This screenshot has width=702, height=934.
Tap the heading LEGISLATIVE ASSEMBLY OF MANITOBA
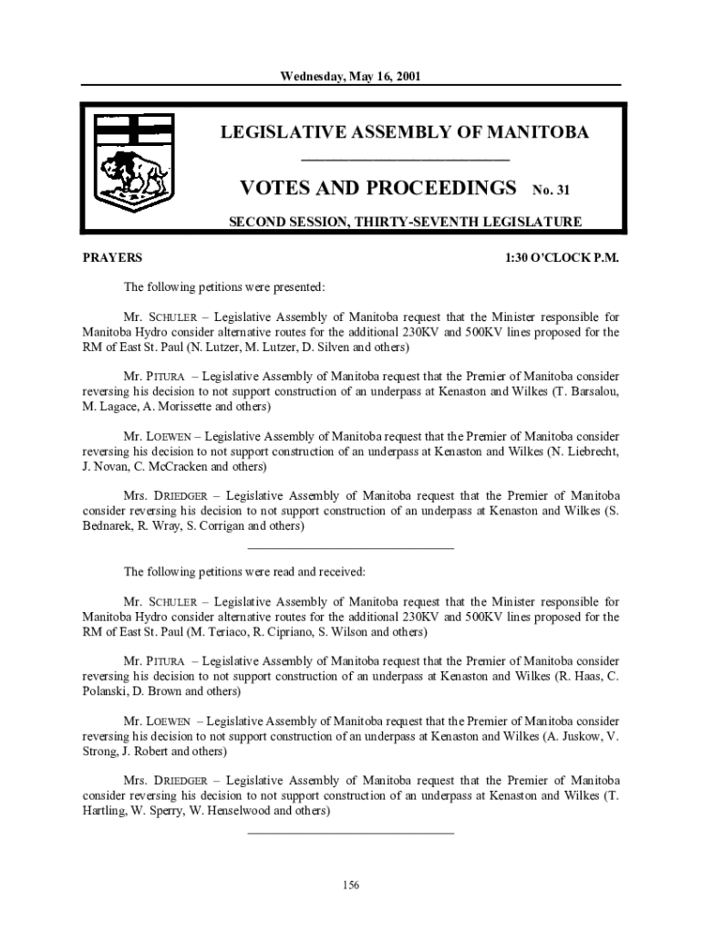click(x=405, y=133)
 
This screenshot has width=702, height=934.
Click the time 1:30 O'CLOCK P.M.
click(x=562, y=258)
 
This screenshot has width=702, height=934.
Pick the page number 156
click(x=350, y=885)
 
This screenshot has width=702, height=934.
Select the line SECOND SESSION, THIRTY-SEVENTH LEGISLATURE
click(x=405, y=222)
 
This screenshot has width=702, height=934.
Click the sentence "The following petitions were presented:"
click(x=224, y=287)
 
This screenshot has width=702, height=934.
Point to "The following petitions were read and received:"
click(x=244, y=572)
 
